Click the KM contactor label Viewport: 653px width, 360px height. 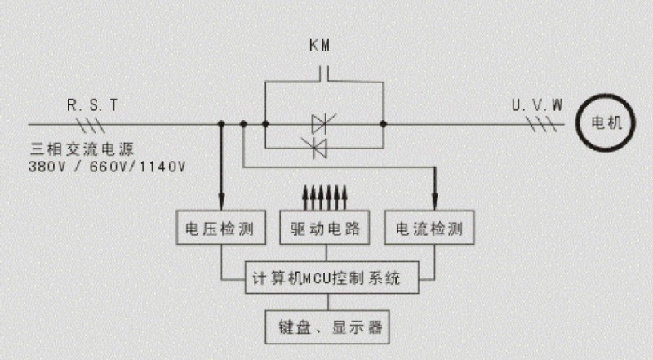[321, 47]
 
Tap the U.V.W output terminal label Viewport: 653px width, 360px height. [536, 104]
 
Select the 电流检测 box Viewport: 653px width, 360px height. [430, 228]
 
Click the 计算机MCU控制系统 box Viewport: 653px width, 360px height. [330, 278]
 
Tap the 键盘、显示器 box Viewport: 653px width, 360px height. [329, 328]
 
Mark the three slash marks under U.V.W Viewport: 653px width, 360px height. [542, 125]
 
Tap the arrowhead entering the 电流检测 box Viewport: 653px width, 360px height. [434, 204]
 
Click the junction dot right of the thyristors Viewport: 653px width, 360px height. [383, 125]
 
